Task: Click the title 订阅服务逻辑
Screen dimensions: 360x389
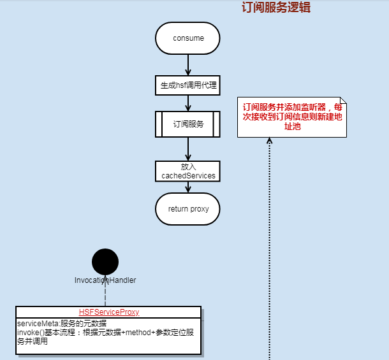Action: pos(276,8)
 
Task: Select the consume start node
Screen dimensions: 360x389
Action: pos(187,38)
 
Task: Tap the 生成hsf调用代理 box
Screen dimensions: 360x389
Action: pos(187,85)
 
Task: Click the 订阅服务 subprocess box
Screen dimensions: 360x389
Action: pos(187,124)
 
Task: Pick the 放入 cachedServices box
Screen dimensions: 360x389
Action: pos(187,171)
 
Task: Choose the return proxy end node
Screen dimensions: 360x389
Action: pos(187,209)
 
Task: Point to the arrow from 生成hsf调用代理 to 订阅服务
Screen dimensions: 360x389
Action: pos(188,103)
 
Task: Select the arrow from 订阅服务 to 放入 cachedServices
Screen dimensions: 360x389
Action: pos(188,149)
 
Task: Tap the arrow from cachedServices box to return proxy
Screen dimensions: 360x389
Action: pos(188,187)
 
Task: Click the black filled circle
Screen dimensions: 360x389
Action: pos(105,261)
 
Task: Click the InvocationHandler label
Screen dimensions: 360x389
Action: pos(105,280)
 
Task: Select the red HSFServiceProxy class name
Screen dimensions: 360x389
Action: pos(109,312)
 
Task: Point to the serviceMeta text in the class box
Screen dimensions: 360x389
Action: pos(61,323)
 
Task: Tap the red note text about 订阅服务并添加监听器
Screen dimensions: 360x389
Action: pos(293,117)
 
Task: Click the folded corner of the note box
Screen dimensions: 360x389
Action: pos(343,101)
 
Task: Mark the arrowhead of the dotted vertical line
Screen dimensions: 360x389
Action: pos(269,141)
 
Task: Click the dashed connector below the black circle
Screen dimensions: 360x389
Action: pos(105,295)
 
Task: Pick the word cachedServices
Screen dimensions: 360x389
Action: pos(188,175)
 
